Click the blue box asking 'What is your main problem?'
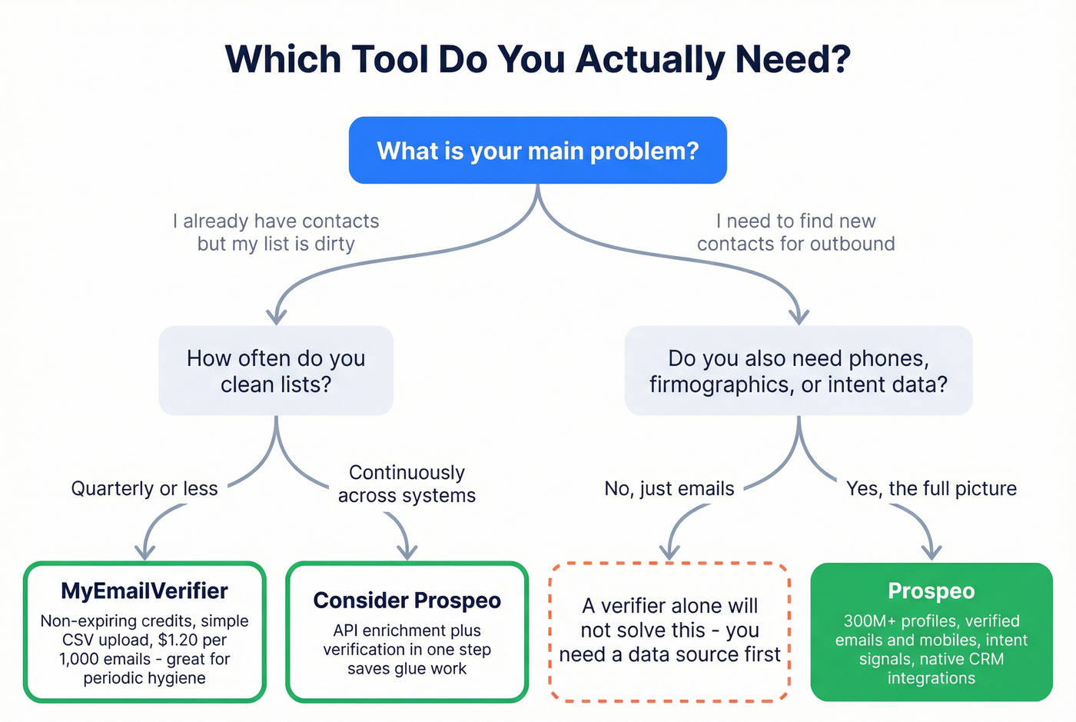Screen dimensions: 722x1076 (537, 151)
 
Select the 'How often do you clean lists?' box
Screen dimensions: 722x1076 (276, 371)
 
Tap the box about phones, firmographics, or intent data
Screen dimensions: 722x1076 (799, 371)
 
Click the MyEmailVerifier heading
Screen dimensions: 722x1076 (144, 591)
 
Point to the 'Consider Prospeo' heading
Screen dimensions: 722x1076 (407, 601)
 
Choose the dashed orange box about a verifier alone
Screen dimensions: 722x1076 (669, 631)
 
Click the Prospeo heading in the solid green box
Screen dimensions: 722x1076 (931, 591)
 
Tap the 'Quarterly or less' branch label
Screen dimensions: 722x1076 (144, 489)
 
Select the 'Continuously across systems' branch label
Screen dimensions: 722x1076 (407, 484)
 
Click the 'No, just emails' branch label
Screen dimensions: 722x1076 (669, 489)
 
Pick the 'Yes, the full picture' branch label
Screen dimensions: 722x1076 (931, 489)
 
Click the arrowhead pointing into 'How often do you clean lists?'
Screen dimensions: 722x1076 (276, 317)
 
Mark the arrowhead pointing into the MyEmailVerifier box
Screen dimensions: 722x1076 (144, 551)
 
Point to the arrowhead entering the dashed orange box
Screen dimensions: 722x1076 (669, 551)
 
